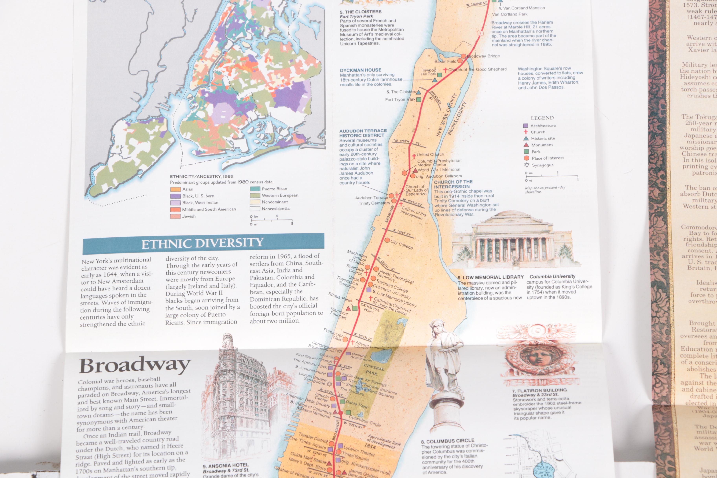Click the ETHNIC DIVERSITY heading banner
tap(203, 243)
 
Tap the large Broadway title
tap(135, 365)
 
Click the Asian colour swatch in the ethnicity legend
tap(175, 189)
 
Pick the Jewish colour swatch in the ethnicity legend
tap(175, 216)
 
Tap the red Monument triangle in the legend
tap(526, 145)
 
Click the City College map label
tap(401, 244)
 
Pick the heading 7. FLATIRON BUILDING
tap(539, 390)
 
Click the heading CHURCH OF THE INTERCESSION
tap(453, 184)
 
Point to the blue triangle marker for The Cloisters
tap(419, 92)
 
